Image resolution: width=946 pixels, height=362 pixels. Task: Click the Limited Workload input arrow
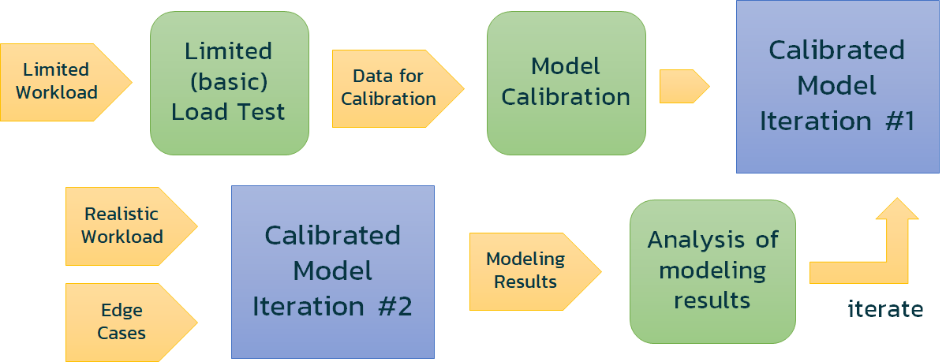[63, 82]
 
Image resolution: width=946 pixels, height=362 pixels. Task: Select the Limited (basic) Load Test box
[229, 82]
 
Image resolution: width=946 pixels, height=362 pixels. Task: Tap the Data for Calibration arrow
[394, 88]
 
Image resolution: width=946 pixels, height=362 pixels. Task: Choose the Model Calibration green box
[566, 82]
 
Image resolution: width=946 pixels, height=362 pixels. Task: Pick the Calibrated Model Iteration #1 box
[837, 86]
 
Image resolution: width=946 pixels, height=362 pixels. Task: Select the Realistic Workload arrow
[126, 226]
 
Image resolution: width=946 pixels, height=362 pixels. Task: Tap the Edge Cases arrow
[126, 322]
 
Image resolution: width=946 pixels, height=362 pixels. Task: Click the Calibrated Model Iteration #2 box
[332, 271]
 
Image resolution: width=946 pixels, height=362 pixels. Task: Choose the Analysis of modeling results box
[712, 271]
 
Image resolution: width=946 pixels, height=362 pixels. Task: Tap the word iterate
[885, 309]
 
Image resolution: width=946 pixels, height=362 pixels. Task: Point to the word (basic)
[229, 81]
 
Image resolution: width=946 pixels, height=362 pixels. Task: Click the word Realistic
[122, 214]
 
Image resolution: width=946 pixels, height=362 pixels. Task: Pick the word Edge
[122, 311]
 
